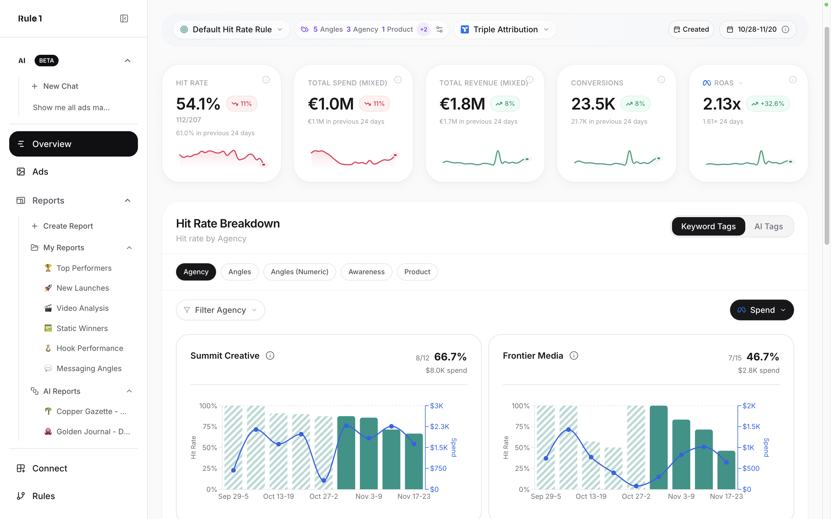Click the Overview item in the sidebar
tap(74, 144)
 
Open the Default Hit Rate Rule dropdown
tap(232, 29)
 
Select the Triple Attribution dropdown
tap(505, 29)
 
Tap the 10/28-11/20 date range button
tap(757, 29)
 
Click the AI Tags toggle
tap(768, 227)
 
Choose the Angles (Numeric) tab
tap(300, 272)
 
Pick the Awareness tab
tap(366, 272)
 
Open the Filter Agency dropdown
tap(220, 310)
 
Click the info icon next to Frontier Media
tap(574, 356)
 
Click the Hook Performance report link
tap(90, 348)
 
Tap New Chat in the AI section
tap(60, 86)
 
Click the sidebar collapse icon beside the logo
tap(124, 18)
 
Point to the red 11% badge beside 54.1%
tap(242, 104)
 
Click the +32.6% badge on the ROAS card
tap(768, 104)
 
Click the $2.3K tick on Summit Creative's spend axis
tap(439, 427)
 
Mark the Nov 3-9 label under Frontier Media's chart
tap(681, 496)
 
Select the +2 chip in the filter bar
tap(423, 29)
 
